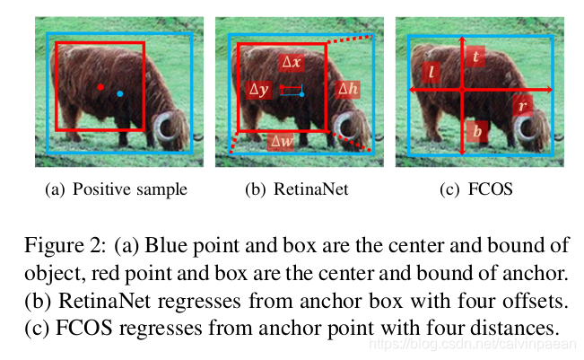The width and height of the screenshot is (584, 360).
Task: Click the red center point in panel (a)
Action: click(x=100, y=87)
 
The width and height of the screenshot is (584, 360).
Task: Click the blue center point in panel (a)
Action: click(x=120, y=93)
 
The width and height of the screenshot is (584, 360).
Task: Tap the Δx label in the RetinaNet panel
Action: click(x=292, y=63)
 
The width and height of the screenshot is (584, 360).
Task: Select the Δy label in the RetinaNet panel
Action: click(x=259, y=90)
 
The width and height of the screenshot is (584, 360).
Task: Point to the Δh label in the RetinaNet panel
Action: click(x=348, y=89)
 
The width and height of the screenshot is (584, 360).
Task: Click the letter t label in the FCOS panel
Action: click(x=475, y=57)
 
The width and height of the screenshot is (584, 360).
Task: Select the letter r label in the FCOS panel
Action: click(x=521, y=105)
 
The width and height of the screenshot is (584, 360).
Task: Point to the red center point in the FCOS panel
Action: click(x=462, y=91)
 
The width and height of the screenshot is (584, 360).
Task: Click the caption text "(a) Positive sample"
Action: click(x=116, y=189)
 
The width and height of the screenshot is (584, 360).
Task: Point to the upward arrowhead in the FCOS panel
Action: click(x=462, y=40)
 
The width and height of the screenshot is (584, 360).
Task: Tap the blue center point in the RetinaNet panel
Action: click(x=302, y=93)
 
